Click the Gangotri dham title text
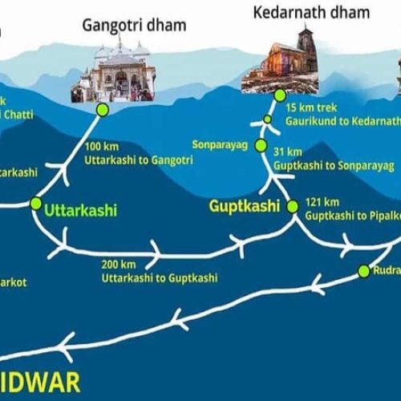pyautogui.click(x=134, y=25)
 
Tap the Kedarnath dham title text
pyautogui.click(x=311, y=12)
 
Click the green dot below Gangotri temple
pyautogui.click(x=102, y=109)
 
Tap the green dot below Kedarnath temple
pyautogui.click(x=279, y=95)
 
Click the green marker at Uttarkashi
pyautogui.click(x=35, y=204)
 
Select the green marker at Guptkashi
pyautogui.click(x=292, y=206)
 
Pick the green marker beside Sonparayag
pyautogui.click(x=261, y=145)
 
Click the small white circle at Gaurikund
pyautogui.click(x=268, y=120)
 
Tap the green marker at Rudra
pyautogui.click(x=363, y=271)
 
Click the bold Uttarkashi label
pyautogui.click(x=80, y=211)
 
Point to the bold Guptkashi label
pyautogui.click(x=244, y=206)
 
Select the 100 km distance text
pyautogui.click(x=99, y=146)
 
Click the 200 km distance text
pyautogui.click(x=118, y=264)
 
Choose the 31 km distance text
pyautogui.click(x=288, y=152)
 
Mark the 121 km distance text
pyautogui.click(x=319, y=203)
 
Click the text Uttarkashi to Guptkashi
pyautogui.click(x=159, y=277)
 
